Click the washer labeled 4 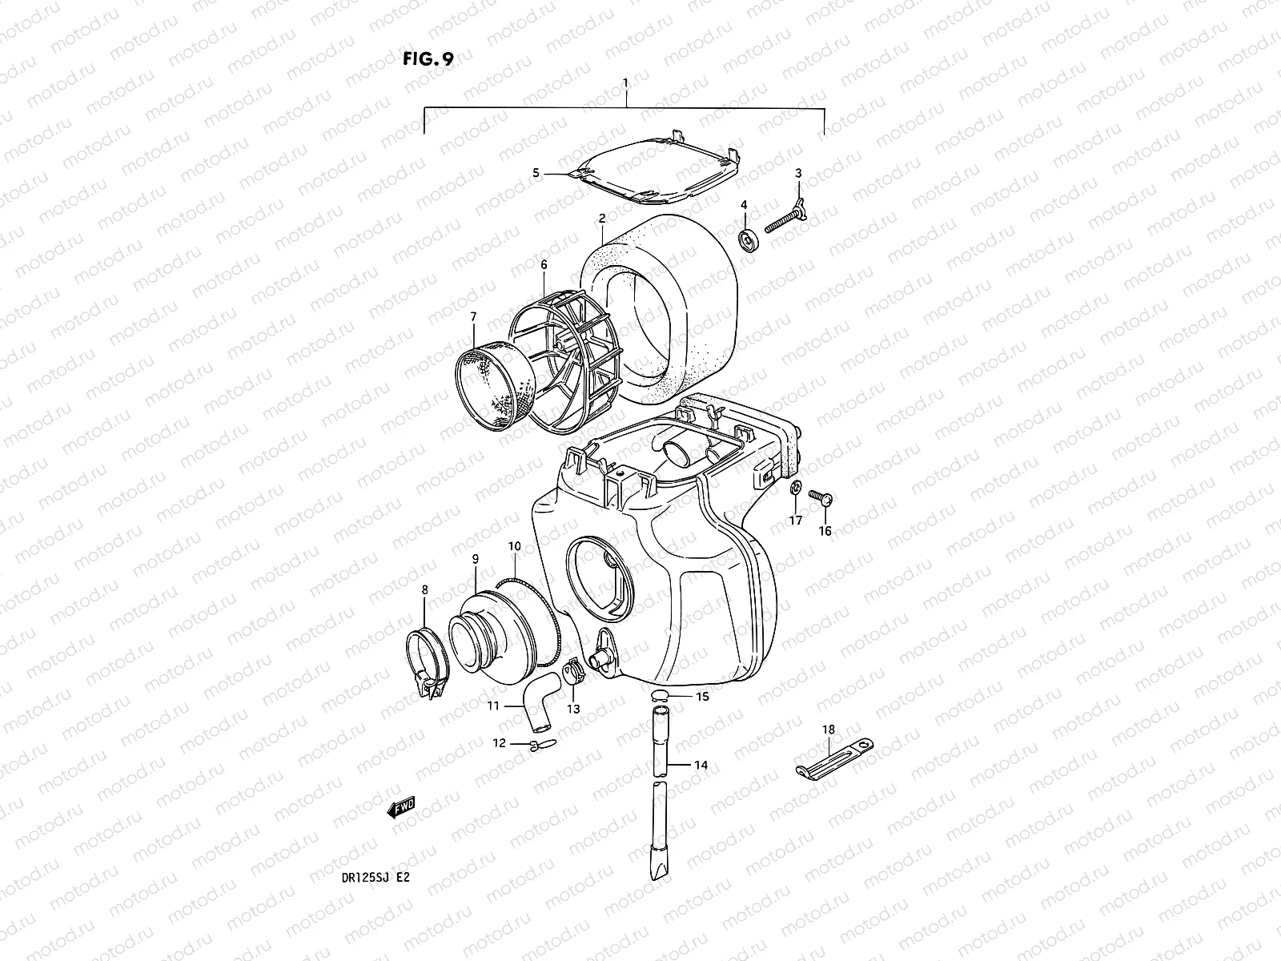pos(749,238)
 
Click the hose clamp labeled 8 pos(429,656)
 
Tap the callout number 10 pos(514,546)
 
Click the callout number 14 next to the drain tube pos(701,766)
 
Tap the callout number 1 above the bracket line pos(625,82)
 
